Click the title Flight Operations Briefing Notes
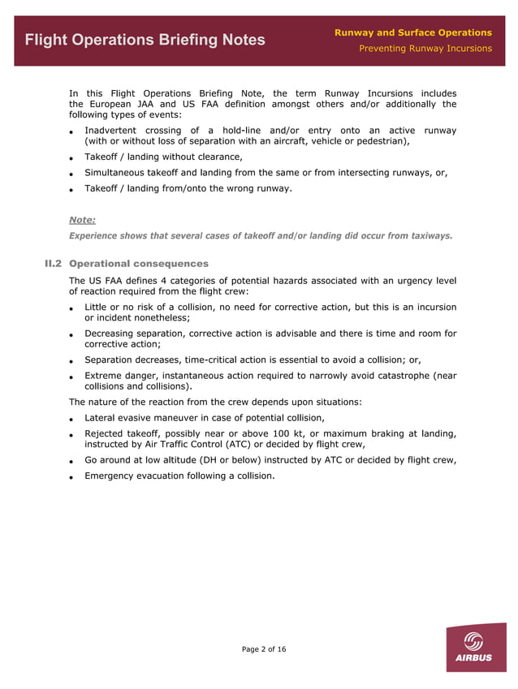[145, 40]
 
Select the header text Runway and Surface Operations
[412, 32]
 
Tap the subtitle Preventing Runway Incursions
[425, 49]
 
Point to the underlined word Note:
[82, 219]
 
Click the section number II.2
[55, 264]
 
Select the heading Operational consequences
[139, 264]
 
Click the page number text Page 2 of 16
[264, 649]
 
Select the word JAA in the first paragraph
[145, 105]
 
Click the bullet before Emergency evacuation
[72, 476]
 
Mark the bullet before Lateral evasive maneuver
[72, 419]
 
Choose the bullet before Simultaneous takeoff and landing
[72, 174]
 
